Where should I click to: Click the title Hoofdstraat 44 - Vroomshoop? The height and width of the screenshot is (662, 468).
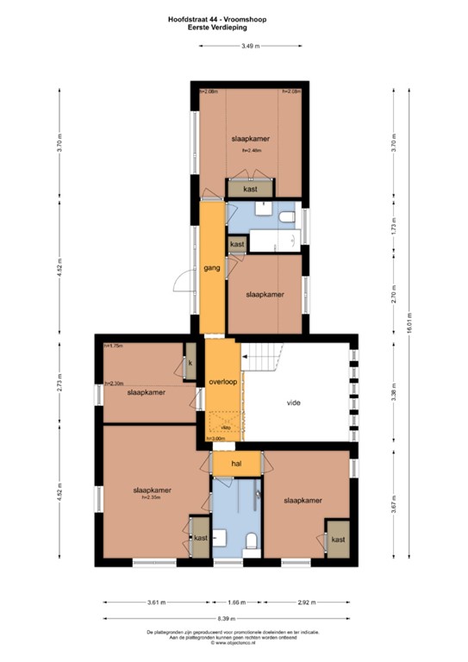tap(234, 16)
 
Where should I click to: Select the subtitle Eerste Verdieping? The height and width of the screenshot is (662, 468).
tap(234, 26)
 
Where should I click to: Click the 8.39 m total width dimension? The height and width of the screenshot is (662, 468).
tap(228, 618)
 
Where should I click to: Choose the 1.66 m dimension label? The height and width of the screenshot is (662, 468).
tap(228, 603)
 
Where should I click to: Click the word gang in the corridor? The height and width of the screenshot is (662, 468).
tap(211, 268)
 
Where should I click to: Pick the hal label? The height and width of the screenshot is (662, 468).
tap(226, 465)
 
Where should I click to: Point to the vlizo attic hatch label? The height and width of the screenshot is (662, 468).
tap(225, 426)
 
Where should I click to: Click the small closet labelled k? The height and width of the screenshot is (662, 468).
tap(190, 364)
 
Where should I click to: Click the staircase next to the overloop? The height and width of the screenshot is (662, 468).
tap(259, 353)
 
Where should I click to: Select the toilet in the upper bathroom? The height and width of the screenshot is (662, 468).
tap(287, 217)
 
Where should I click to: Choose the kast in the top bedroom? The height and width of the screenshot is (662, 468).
tap(250, 188)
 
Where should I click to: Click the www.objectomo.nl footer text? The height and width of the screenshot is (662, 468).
tap(234, 643)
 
